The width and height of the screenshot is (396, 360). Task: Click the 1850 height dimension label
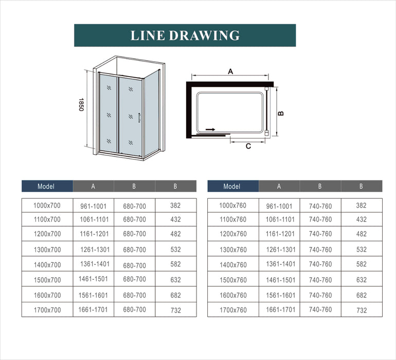(x=81, y=107)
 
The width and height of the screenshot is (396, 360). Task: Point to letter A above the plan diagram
(x=231, y=71)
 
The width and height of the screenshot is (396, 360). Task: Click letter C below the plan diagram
(x=248, y=146)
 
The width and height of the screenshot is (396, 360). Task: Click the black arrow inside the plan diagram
(x=210, y=130)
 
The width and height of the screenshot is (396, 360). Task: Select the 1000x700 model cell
(x=47, y=206)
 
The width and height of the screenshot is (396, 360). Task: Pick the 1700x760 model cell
(x=232, y=310)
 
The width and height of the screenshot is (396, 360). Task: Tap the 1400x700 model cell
(x=47, y=265)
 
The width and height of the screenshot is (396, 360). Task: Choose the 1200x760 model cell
(x=232, y=234)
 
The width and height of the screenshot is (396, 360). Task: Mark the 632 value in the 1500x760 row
(x=362, y=280)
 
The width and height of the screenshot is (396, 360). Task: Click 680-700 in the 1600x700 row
(x=134, y=296)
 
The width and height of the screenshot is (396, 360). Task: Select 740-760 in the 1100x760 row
(x=320, y=220)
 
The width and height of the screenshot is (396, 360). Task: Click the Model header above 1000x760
(x=232, y=186)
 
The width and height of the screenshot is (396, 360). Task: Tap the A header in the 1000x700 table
(x=93, y=186)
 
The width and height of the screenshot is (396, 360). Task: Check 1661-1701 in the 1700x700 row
(x=93, y=310)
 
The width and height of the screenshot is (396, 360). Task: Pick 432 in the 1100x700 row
(x=175, y=220)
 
